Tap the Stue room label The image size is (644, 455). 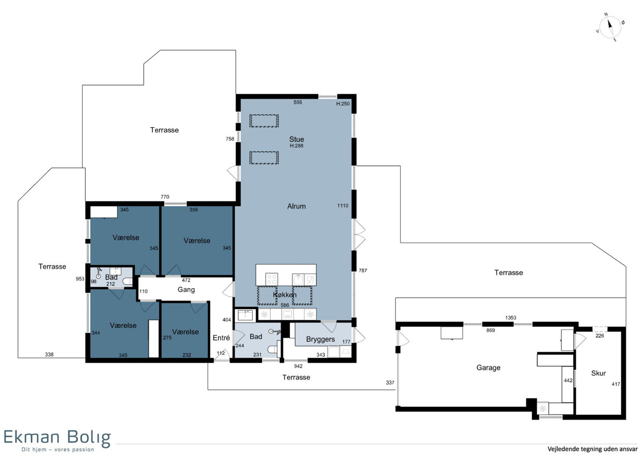296,140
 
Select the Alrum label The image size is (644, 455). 296,206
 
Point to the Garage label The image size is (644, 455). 488,368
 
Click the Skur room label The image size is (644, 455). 598,373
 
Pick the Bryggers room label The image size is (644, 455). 320,340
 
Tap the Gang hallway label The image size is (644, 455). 186,290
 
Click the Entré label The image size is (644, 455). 221,337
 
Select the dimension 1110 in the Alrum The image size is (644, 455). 342,206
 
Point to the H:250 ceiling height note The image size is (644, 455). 343,104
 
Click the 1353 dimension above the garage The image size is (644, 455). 510,318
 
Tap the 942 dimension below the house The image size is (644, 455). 298,366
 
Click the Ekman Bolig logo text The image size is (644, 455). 57,438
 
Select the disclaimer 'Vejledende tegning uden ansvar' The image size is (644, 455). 592,449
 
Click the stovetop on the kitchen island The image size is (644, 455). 272,279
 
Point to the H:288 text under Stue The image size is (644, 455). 296,146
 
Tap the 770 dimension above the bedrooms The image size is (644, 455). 165,197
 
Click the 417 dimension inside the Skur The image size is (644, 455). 616,384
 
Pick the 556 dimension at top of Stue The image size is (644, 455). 297,102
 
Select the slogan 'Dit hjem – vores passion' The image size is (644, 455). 58,450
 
